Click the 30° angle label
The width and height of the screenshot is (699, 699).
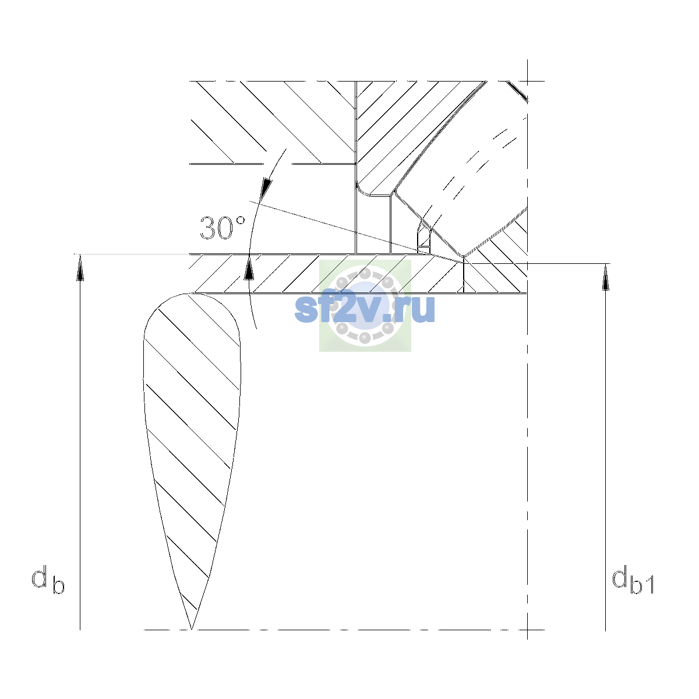point(223,228)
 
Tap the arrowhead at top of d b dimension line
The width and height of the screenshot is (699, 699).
point(80,267)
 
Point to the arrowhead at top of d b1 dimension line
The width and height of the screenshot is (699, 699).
point(605,277)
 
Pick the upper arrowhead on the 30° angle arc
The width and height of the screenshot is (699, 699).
point(267,189)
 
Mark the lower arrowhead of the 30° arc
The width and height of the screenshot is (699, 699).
point(249,268)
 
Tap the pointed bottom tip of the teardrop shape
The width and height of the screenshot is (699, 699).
point(191,629)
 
